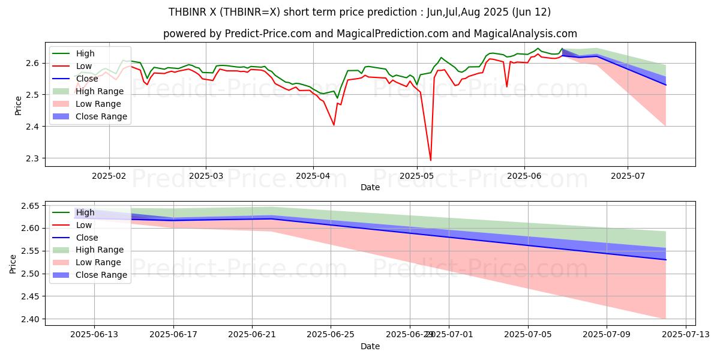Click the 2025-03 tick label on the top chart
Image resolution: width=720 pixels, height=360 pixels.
[x=206, y=176]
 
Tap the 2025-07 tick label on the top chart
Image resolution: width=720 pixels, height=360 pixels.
[x=628, y=176]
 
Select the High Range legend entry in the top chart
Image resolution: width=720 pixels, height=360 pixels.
[x=100, y=91]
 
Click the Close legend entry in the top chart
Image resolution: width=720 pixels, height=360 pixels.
[x=87, y=79]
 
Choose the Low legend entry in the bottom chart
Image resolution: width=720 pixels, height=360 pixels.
[x=84, y=225]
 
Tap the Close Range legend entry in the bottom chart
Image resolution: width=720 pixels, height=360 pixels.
[x=101, y=275]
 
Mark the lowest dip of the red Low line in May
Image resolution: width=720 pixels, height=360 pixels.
[x=430, y=160]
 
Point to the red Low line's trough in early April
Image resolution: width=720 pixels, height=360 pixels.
[x=334, y=125]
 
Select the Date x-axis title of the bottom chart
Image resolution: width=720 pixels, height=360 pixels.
[x=370, y=346]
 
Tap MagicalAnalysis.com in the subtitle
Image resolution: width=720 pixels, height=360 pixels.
[x=525, y=34]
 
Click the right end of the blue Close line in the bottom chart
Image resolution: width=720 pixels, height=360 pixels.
[x=665, y=260]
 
